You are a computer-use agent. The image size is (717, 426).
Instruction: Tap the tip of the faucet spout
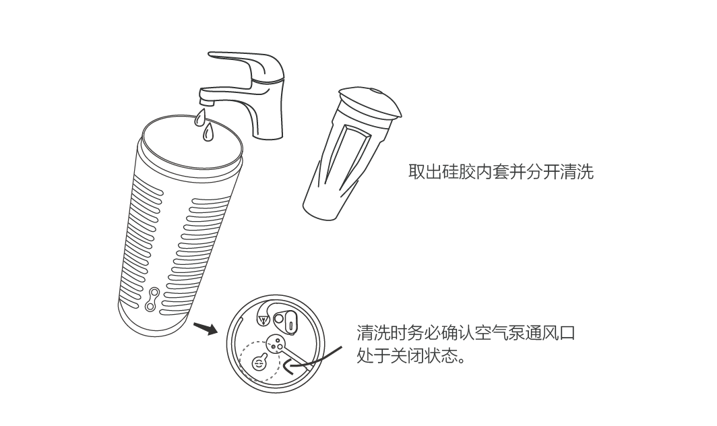click(206, 102)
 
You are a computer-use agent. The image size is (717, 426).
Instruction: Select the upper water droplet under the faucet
click(200, 117)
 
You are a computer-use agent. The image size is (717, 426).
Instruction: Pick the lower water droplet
click(208, 132)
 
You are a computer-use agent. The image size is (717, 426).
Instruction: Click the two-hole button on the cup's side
click(152, 300)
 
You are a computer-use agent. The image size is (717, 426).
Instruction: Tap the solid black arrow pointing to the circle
click(206, 328)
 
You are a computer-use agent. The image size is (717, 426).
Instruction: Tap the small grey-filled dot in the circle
click(274, 347)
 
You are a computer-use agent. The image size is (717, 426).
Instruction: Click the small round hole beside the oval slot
click(278, 318)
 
